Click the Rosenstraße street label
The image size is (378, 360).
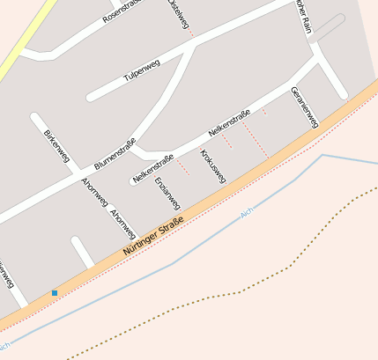122,11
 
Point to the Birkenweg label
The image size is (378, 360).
56,145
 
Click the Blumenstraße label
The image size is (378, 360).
115,153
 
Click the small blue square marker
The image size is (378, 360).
55,292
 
